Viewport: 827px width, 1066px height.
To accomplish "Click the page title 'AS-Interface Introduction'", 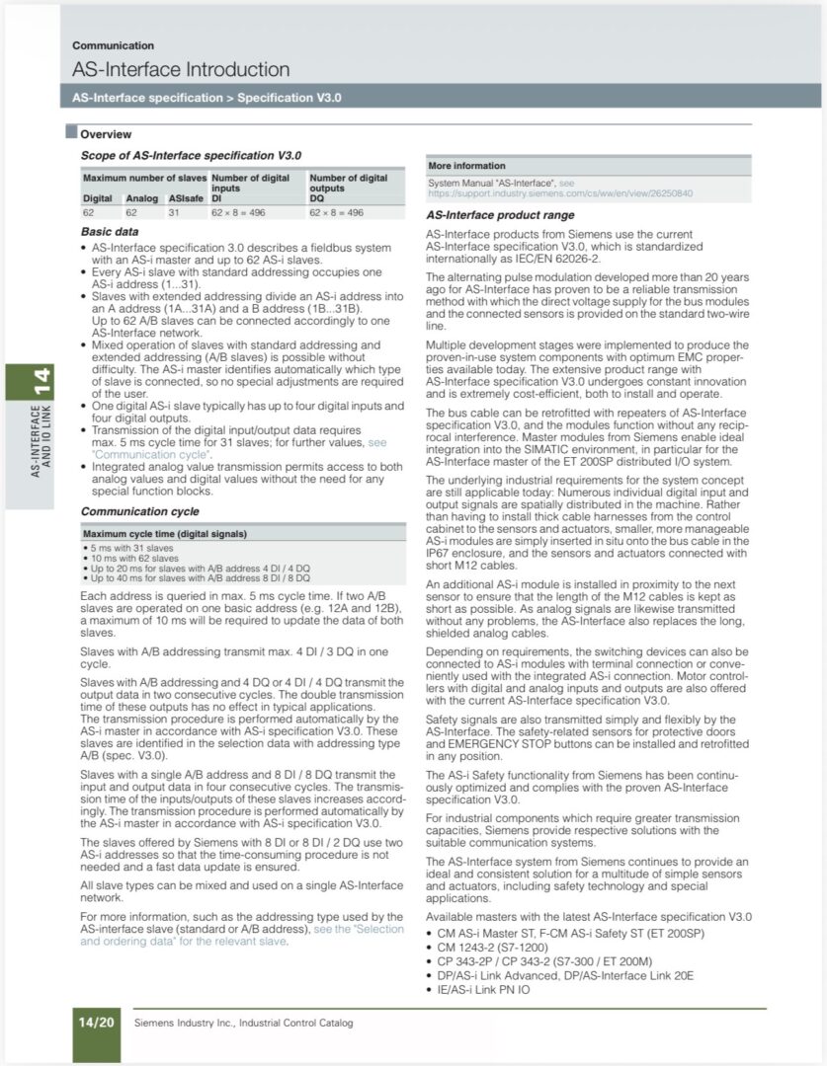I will [181, 69].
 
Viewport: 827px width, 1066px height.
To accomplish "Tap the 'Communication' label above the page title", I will [113, 45].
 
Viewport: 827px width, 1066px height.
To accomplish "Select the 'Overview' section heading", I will [106, 134].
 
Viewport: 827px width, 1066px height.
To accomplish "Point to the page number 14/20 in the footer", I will [96, 1023].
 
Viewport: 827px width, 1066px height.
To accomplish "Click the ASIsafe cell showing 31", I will [174, 212].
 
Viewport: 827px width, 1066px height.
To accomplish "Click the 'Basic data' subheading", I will [109, 231].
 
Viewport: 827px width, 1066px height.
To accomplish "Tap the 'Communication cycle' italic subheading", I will [139, 511].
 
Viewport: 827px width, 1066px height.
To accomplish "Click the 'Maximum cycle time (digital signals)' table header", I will [164, 534].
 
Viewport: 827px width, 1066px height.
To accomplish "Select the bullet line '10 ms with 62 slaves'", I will [131, 555].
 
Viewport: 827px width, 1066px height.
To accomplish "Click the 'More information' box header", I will [466, 166].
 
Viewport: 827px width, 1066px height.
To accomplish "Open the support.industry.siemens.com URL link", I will [559, 193].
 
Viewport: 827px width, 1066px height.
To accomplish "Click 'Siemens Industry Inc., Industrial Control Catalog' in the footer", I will [243, 1023].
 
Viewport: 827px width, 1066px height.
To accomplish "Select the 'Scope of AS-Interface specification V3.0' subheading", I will [191, 155].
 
